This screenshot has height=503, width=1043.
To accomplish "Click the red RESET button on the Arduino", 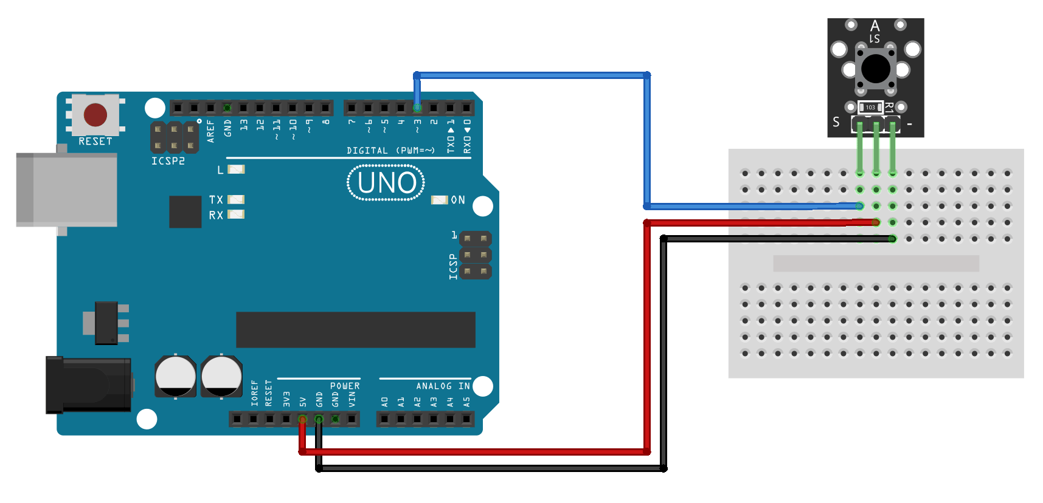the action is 95,115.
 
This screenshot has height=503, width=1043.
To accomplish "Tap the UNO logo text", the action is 386,183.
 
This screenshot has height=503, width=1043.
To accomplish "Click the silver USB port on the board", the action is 67,190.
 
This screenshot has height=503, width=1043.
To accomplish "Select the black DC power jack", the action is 89,385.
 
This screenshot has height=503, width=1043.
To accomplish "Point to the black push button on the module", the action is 876,68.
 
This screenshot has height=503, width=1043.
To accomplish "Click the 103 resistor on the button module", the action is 870,108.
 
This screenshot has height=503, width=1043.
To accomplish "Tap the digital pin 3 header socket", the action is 417,108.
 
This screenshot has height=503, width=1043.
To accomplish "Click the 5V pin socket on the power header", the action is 302,419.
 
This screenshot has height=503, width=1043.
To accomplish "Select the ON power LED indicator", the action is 439,200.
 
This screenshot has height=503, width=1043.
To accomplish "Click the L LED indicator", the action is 236,169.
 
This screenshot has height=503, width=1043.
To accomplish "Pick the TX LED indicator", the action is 236,199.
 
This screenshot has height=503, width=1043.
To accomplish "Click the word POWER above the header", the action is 345,386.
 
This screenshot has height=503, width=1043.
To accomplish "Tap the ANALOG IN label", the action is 443,386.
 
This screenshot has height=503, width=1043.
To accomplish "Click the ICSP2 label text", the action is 168,161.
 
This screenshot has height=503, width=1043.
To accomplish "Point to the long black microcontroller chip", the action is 356,330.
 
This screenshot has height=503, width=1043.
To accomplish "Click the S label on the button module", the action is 836,122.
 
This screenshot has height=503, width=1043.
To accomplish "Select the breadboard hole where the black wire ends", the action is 892,239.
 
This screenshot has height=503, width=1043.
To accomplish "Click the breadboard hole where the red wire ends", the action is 876,222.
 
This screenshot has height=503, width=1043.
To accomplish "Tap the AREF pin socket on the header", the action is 210,108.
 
